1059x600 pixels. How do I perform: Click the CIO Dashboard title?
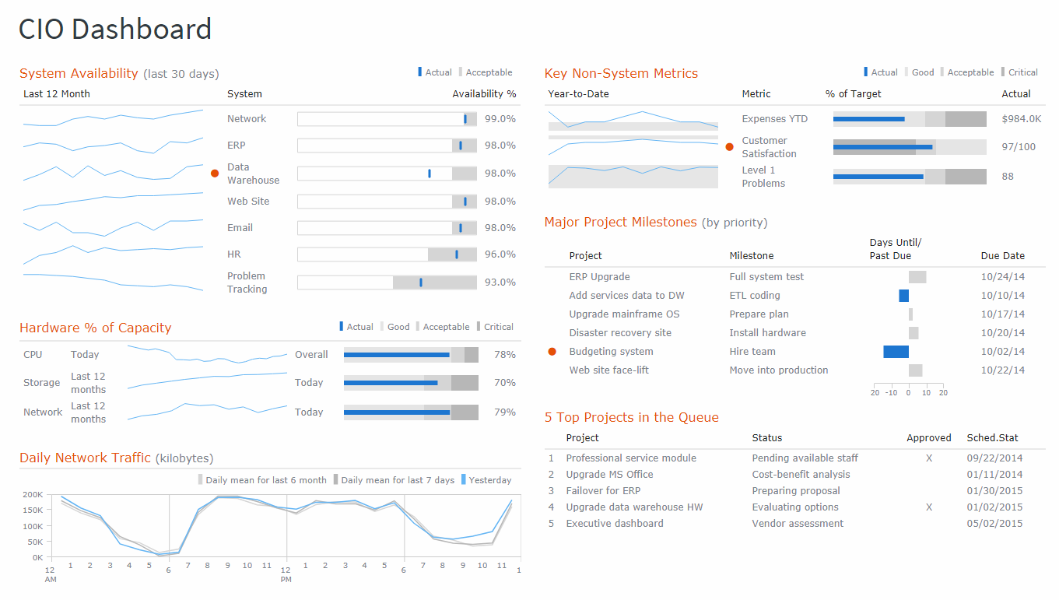pyautogui.click(x=115, y=30)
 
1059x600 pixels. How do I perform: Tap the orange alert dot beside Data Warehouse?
pyautogui.click(x=215, y=174)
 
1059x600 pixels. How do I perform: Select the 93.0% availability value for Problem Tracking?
pyautogui.click(x=500, y=282)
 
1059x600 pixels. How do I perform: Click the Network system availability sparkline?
pyautogui.click(x=113, y=118)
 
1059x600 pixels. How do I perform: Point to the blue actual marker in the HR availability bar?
pyautogui.click(x=457, y=254)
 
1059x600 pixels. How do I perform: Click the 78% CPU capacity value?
pyautogui.click(x=504, y=355)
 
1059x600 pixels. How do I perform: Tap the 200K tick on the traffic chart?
pyautogui.click(x=33, y=495)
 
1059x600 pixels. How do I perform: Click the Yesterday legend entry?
pyautogui.click(x=489, y=480)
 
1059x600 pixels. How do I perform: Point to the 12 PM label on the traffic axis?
pyautogui.click(x=286, y=573)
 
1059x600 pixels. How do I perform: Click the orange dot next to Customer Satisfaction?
pyautogui.click(x=729, y=147)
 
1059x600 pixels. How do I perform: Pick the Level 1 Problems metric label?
pyautogui.click(x=763, y=177)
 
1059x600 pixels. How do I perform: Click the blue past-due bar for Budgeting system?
pyautogui.click(x=896, y=352)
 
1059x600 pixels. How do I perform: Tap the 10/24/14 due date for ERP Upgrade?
pyautogui.click(x=1002, y=277)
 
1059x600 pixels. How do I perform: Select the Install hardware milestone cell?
pyautogui.click(x=767, y=333)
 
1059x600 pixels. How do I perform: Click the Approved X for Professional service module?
pyautogui.click(x=928, y=458)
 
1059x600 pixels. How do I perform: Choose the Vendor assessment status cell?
pyautogui.click(x=797, y=524)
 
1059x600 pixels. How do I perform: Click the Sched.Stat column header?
pyautogui.click(x=992, y=438)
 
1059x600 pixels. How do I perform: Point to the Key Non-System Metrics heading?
pyautogui.click(x=621, y=74)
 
